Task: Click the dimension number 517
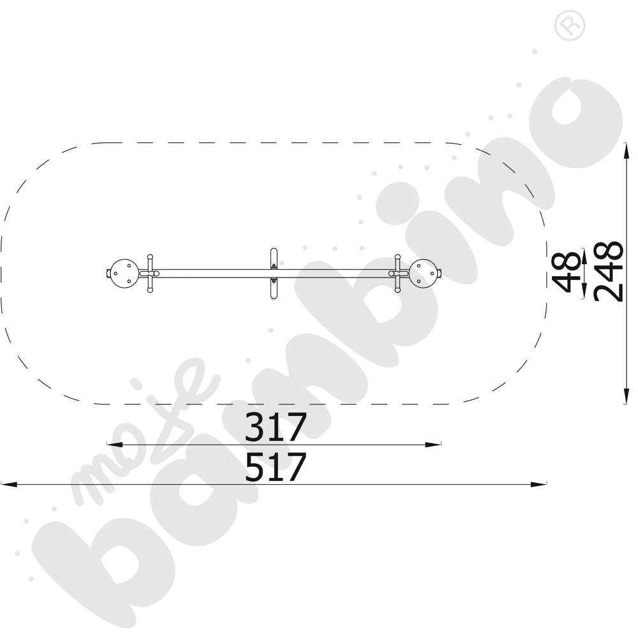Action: point(275,467)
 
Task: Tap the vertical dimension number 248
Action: point(608,271)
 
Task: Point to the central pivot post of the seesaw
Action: point(274,274)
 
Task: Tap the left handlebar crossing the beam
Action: point(150,274)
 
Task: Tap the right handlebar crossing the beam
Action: point(398,274)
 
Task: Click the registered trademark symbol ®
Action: point(570,26)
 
